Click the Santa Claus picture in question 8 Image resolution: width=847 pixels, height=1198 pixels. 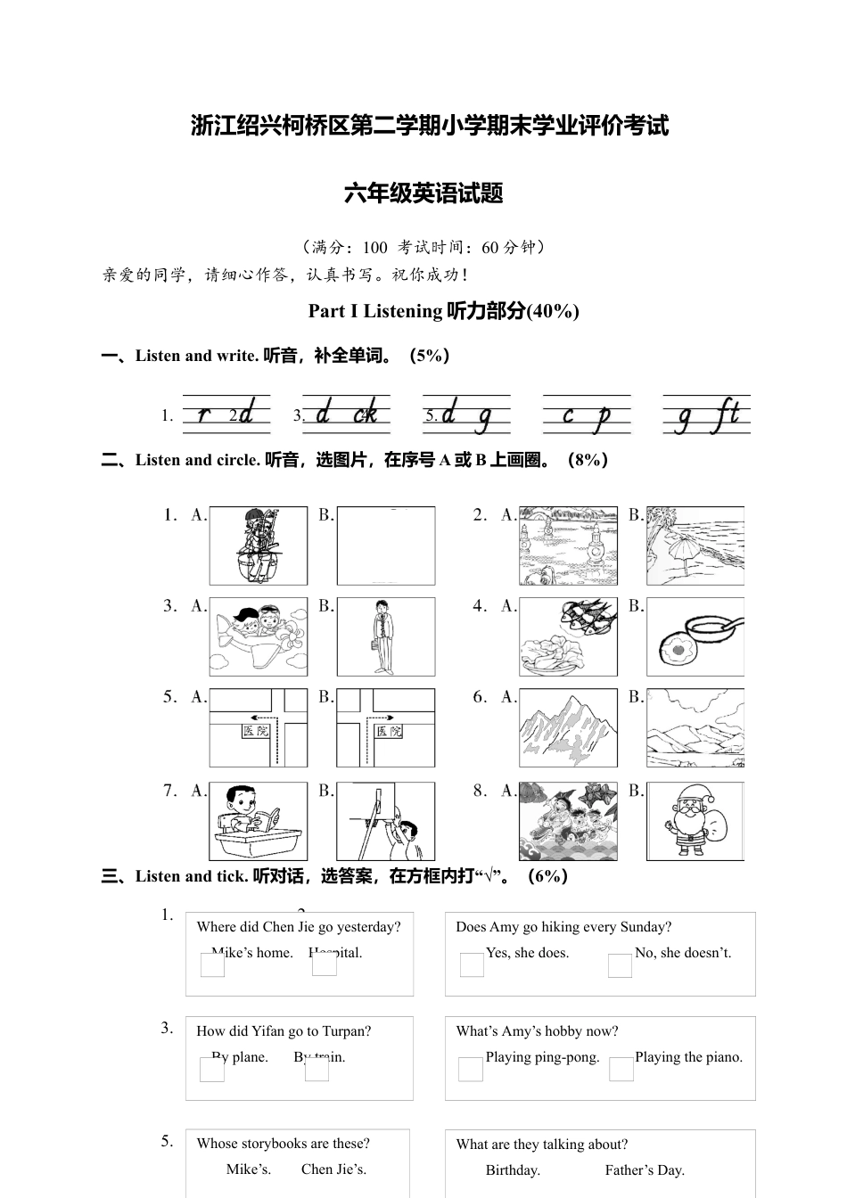[x=695, y=821]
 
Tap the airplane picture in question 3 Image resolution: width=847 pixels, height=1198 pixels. [x=259, y=637]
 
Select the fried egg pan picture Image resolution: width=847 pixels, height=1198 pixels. [x=695, y=637]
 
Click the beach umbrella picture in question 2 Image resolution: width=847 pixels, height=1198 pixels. [x=695, y=546]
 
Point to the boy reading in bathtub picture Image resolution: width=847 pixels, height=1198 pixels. [x=259, y=821]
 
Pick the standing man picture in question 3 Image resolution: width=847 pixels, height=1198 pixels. [x=385, y=637]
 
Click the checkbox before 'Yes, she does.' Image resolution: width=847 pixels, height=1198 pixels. [x=472, y=965]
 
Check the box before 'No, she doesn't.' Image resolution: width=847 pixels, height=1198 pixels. [x=620, y=965]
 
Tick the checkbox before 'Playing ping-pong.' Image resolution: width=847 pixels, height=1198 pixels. [x=471, y=1070]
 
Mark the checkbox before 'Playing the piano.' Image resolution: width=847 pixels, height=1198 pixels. [x=621, y=1070]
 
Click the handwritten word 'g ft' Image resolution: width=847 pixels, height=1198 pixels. [x=707, y=414]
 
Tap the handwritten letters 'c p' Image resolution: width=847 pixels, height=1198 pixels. [x=587, y=414]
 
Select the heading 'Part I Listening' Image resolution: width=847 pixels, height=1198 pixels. [x=374, y=311]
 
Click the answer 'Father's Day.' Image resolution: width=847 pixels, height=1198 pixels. [x=644, y=1170]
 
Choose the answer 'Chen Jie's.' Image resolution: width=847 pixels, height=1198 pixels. [x=333, y=1169]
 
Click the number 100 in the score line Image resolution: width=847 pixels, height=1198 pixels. [x=374, y=248]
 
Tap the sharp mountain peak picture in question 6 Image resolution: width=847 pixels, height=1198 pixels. [x=569, y=728]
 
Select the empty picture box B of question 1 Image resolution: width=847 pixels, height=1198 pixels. [x=385, y=546]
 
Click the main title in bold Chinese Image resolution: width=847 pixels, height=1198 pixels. [x=430, y=126]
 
